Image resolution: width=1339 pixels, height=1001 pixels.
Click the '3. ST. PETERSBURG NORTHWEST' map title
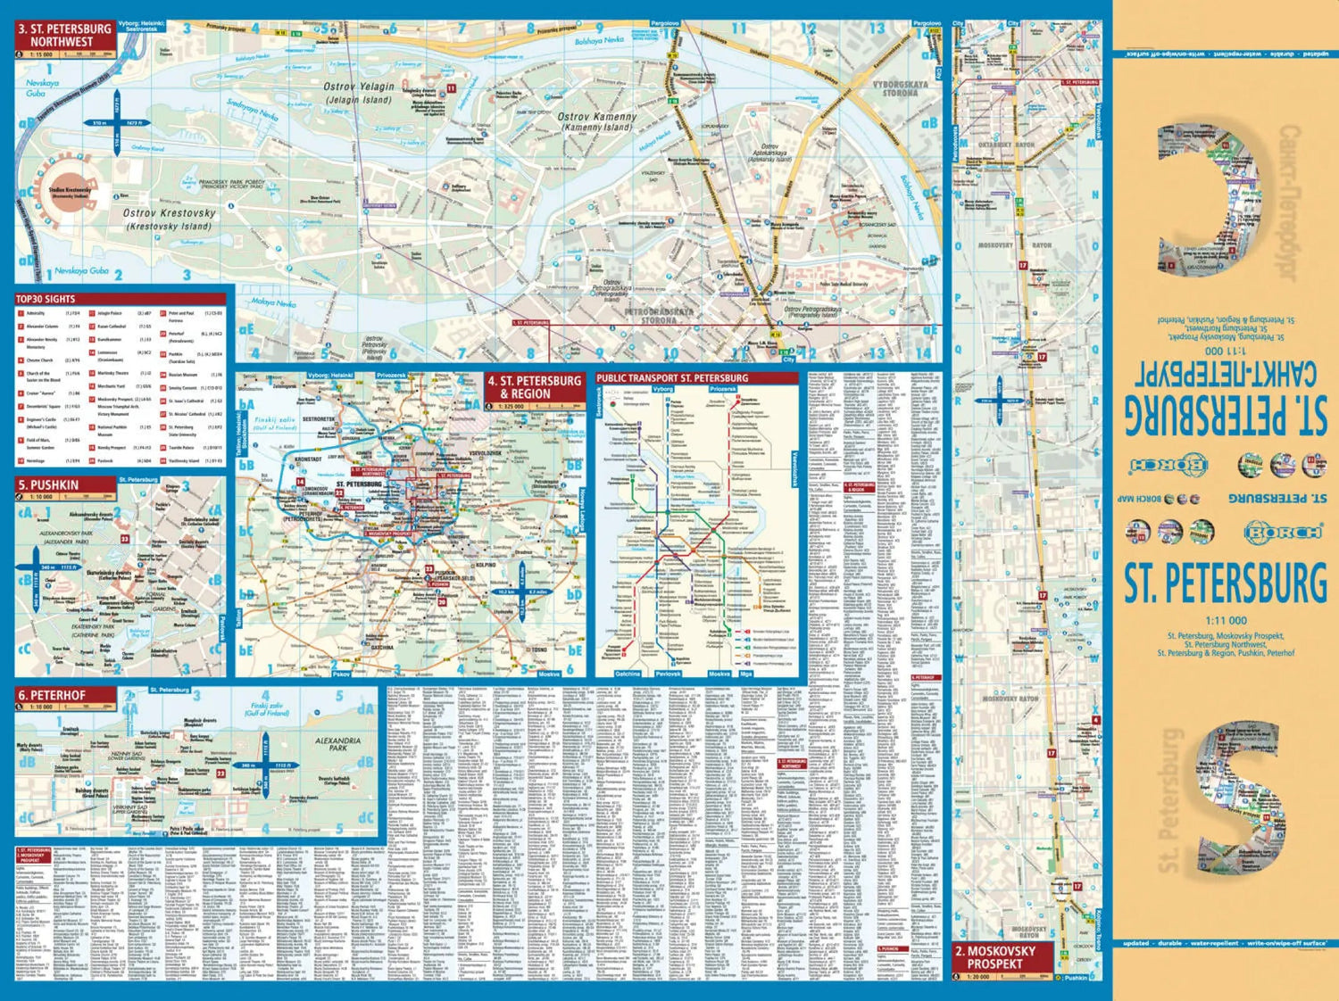[64, 35]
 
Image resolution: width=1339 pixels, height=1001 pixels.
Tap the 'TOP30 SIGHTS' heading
[46, 299]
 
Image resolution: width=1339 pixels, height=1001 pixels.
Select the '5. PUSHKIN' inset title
[49, 485]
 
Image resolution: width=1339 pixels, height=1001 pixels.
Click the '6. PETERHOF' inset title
[53, 695]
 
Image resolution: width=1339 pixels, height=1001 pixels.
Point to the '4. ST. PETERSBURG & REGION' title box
[534, 387]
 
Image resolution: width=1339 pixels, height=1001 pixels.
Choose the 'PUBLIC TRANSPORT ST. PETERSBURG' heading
[672, 378]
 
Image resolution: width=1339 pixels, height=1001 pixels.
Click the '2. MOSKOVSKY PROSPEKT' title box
[994, 957]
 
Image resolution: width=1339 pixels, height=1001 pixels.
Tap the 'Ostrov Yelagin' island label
[358, 93]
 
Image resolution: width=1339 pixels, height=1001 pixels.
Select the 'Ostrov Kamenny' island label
[597, 121]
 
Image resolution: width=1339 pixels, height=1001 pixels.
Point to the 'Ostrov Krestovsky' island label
[169, 219]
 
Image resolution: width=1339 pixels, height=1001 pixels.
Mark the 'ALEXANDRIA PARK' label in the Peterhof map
[338, 744]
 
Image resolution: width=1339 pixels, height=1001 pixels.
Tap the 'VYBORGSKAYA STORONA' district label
[900, 88]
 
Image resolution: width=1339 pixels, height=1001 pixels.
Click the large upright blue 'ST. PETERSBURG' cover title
[1225, 583]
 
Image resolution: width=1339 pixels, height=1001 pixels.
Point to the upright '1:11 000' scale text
[1226, 621]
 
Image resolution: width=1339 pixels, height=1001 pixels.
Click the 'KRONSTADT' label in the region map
[308, 459]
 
